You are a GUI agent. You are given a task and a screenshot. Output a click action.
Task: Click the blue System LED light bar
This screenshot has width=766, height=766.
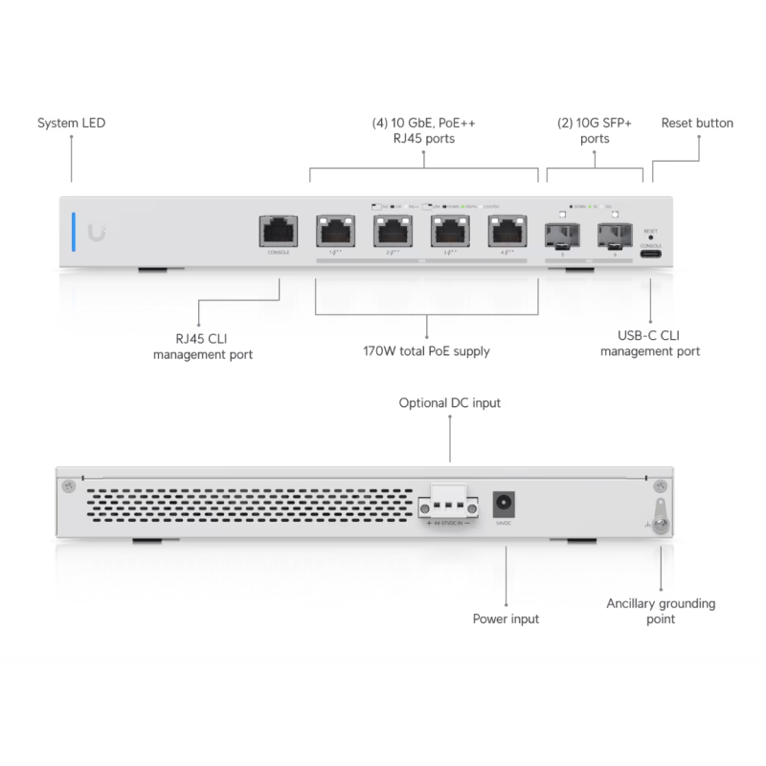coord(72,230)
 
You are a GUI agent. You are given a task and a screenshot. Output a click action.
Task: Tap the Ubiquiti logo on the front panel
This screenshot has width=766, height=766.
coord(99,231)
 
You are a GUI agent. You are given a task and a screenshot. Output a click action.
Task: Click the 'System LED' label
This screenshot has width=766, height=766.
coord(72,124)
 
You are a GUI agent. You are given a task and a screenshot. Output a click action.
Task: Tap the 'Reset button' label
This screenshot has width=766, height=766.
coord(697,124)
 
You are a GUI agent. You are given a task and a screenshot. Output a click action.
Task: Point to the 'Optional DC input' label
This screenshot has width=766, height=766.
coord(449,403)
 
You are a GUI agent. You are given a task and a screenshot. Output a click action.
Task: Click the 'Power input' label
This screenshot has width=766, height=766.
coord(506,619)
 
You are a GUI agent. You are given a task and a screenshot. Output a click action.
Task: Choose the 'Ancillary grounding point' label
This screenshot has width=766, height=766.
coord(661,611)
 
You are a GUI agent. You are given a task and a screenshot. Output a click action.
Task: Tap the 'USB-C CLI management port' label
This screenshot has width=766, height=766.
coord(650,344)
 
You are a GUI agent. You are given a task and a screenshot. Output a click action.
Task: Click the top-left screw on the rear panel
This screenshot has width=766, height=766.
coord(67,486)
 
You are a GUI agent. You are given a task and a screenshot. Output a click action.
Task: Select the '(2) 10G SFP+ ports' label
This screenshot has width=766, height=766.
coord(594,131)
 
